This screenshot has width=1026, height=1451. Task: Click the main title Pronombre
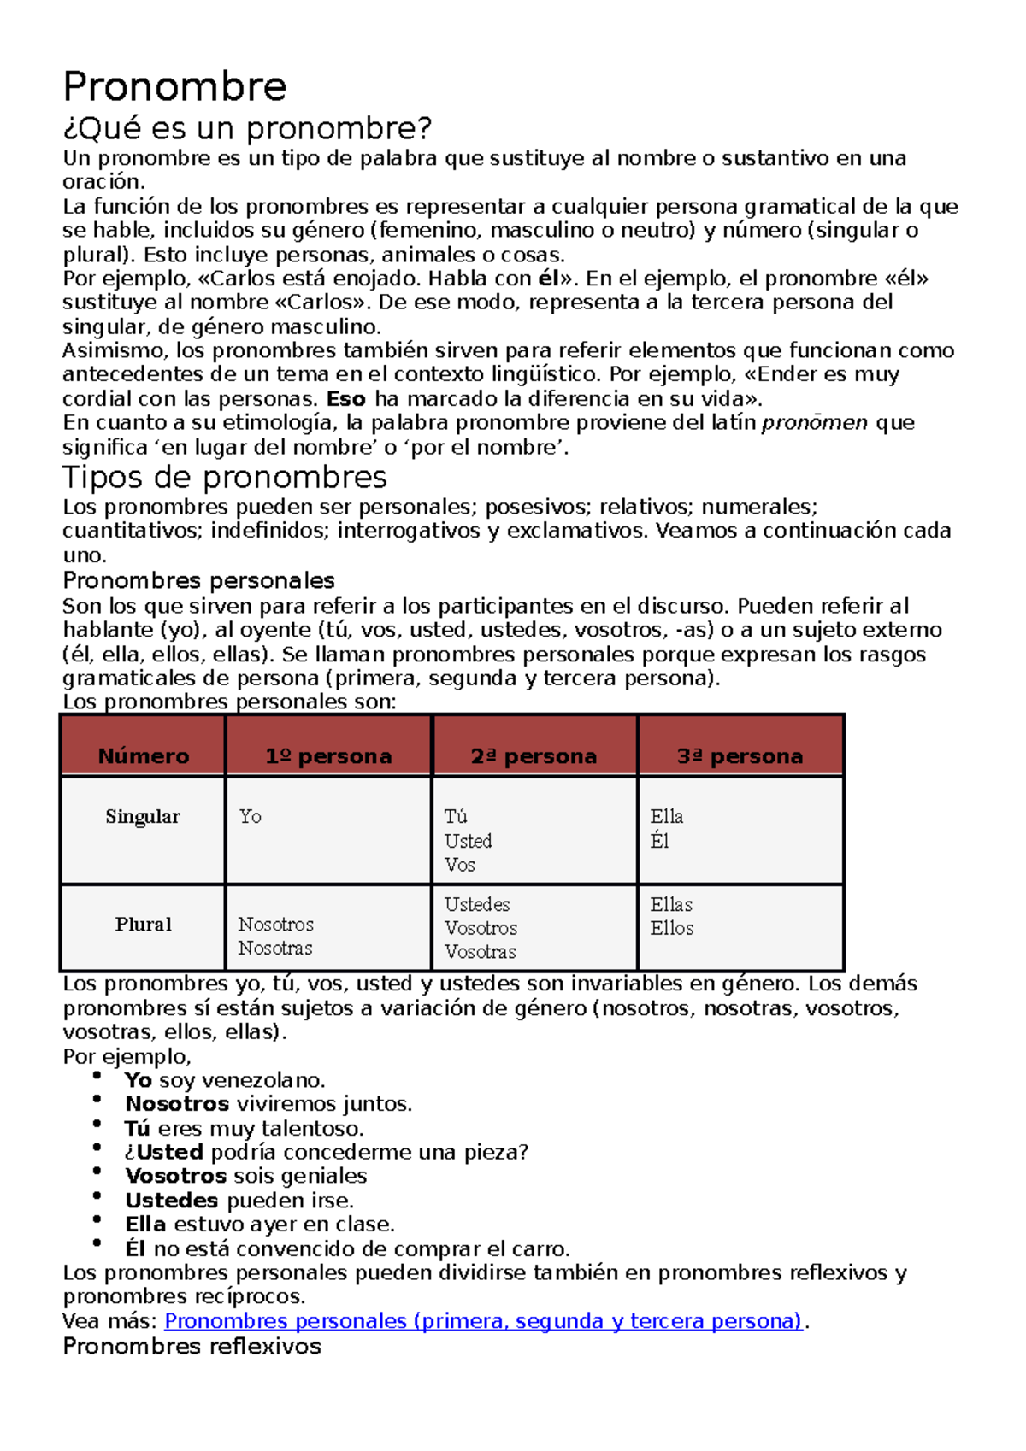pyautogui.click(x=174, y=86)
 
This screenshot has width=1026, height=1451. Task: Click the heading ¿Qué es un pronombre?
pyautogui.click(x=247, y=128)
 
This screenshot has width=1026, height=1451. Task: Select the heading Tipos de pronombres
pyautogui.click(x=225, y=477)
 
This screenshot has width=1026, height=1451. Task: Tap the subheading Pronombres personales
pyautogui.click(x=198, y=580)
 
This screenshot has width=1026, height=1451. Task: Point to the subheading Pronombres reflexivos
pyautogui.click(x=192, y=1346)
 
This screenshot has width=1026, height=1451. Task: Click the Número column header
pyautogui.click(x=144, y=756)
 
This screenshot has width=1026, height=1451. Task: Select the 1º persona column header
pyautogui.click(x=328, y=756)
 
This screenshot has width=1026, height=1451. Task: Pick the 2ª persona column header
pyautogui.click(x=534, y=756)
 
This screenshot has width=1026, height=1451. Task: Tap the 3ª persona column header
pyautogui.click(x=740, y=756)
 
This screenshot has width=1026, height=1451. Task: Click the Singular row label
pyautogui.click(x=143, y=817)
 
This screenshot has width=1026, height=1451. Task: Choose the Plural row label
pyautogui.click(x=144, y=925)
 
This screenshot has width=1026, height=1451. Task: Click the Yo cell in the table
pyautogui.click(x=251, y=817)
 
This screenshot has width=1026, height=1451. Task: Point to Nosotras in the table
pyautogui.click(x=275, y=949)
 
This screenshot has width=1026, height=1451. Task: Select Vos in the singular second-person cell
pyautogui.click(x=460, y=865)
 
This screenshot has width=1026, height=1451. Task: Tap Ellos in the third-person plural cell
pyautogui.click(x=672, y=928)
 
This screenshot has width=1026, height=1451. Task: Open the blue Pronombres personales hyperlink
pyautogui.click(x=483, y=1321)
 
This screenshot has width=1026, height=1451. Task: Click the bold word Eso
pyautogui.click(x=346, y=399)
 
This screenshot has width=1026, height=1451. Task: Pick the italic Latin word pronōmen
pyautogui.click(x=815, y=423)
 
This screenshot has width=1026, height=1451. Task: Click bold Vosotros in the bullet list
pyautogui.click(x=175, y=1176)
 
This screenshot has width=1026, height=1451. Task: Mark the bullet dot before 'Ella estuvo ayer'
pyautogui.click(x=97, y=1220)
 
